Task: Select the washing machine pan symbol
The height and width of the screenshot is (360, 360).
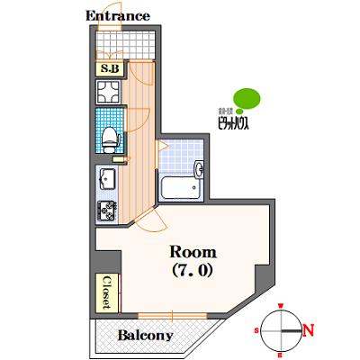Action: click(x=110, y=91)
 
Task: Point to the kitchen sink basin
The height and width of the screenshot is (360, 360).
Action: click(x=106, y=176)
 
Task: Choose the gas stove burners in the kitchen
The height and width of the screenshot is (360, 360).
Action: click(x=106, y=210)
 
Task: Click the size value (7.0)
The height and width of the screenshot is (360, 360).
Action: click(x=192, y=269)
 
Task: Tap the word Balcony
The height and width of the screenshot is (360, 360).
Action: click(x=146, y=335)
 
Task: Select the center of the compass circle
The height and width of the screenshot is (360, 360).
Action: click(x=282, y=330)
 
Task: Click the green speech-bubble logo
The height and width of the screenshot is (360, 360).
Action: click(x=245, y=97)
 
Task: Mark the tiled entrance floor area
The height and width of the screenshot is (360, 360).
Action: click(x=125, y=41)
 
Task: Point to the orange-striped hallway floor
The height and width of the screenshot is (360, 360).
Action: click(x=135, y=153)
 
